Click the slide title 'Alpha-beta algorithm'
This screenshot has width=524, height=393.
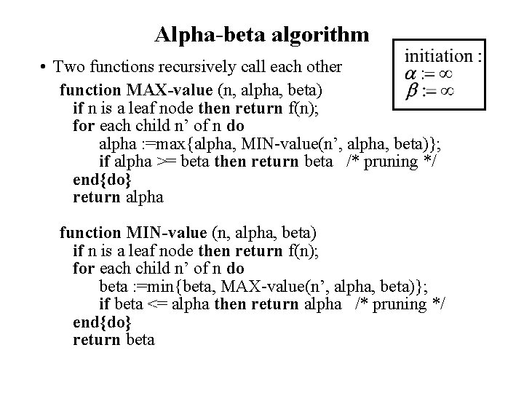pos(261,34)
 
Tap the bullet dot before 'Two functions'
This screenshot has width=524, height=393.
pos(45,68)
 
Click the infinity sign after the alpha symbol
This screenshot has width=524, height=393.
pos(446,73)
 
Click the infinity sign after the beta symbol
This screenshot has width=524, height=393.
pos(446,91)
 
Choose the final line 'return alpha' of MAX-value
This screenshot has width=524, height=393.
pos(119,197)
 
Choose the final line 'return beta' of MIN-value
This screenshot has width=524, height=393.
pos(114,339)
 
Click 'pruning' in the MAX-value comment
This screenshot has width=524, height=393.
pos(391,162)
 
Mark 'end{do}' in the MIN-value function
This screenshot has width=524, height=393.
pos(98,322)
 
